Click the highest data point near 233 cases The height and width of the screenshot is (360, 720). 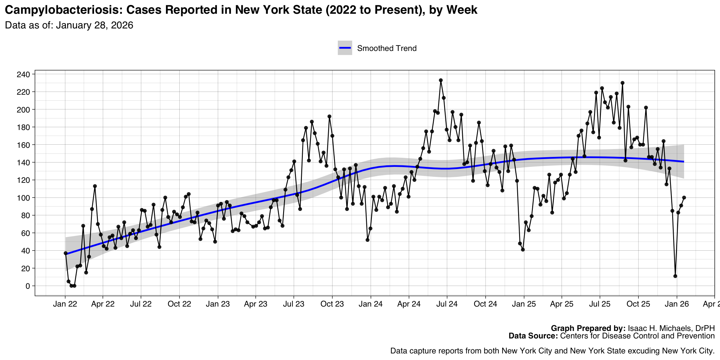pos(441,80)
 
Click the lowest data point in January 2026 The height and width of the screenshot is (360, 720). pos(675,276)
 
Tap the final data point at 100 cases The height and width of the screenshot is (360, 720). pos(684,197)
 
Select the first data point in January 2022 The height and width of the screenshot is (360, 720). pos(66,253)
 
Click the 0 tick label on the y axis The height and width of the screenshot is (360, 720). pos(28,286)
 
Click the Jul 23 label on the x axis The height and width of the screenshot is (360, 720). pos(294,304)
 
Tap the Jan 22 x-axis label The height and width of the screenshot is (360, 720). pos(65,304)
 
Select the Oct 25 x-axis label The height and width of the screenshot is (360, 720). pos(638,304)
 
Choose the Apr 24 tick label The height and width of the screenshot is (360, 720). pos(409,304)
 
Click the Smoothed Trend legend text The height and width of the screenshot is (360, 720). pos(387,48)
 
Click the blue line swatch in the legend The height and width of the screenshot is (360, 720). pos(345,48)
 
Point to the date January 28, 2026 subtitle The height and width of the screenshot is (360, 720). pos(94,25)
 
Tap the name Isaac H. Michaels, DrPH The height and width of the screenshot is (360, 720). pos(671,328)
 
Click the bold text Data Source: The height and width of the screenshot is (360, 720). pos(533,336)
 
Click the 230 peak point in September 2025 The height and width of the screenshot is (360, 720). pos(622,83)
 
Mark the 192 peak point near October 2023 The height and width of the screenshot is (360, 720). pos(329,116)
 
